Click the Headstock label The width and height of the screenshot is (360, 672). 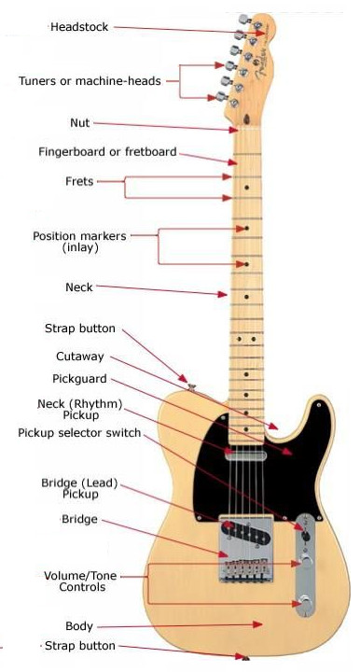tap(79, 27)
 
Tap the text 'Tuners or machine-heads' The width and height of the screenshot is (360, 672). tap(90, 81)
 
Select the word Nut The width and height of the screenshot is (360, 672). tap(80, 123)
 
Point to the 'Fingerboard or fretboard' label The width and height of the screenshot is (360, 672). tap(107, 152)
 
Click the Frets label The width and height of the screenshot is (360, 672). tap(79, 181)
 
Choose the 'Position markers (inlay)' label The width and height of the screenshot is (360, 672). tap(79, 242)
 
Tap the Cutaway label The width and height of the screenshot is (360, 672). tap(80, 357)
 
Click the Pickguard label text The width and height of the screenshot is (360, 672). tap(79, 379)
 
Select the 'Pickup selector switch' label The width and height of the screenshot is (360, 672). tap(79, 433)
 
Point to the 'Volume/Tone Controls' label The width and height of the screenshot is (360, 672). tap(80, 581)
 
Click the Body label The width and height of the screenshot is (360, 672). tap(79, 626)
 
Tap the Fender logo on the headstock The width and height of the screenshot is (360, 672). tap(261, 64)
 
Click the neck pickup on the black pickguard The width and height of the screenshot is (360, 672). tap(243, 455)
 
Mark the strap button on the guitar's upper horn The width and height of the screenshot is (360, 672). tap(192, 387)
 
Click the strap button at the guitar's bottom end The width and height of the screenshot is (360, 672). tap(245, 657)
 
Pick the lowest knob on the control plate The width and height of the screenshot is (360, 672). tap(306, 601)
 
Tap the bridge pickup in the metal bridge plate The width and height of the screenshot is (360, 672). tap(246, 533)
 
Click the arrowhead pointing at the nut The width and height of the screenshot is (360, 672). tap(234, 130)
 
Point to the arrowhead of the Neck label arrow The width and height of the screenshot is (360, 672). tap(223, 294)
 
